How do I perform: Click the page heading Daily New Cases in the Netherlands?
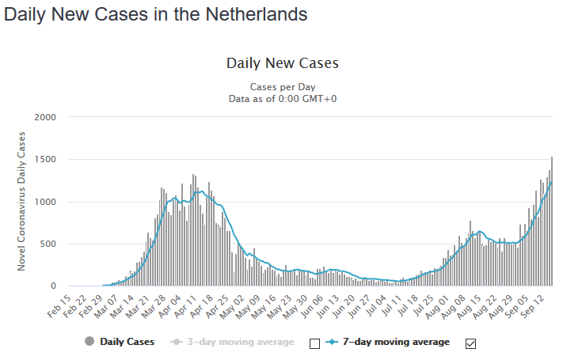click(156, 14)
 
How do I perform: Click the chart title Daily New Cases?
click(283, 63)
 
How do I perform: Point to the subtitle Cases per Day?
click(283, 86)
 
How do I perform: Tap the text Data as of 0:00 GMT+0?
click(283, 98)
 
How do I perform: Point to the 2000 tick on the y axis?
click(45, 117)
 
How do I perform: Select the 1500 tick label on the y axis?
click(45, 159)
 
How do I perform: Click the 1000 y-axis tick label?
click(45, 202)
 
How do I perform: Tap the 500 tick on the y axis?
click(48, 244)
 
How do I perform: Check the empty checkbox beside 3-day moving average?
click(314, 343)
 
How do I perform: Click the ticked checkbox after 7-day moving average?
click(471, 343)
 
